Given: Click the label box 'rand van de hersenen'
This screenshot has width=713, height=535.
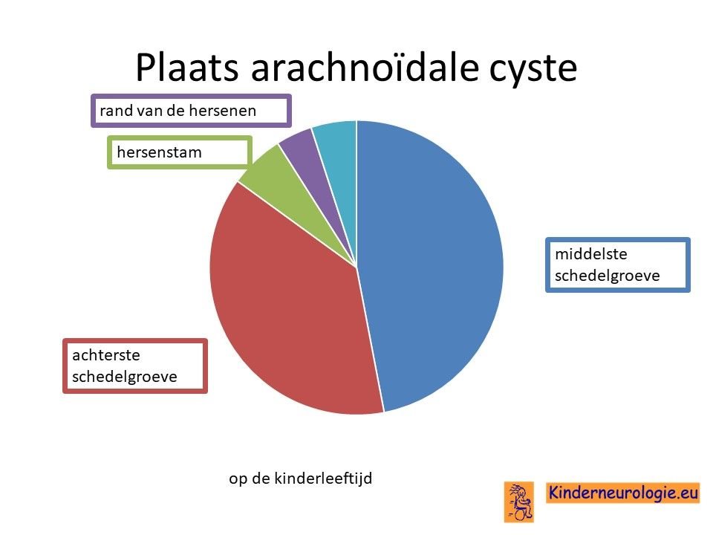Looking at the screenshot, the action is pyautogui.click(x=191, y=111).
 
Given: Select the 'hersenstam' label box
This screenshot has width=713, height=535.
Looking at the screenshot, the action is pyautogui.click(x=180, y=152).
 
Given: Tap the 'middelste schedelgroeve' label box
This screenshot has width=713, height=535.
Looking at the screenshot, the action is pyautogui.click(x=617, y=265).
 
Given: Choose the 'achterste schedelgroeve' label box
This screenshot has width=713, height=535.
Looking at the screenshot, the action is pyautogui.click(x=135, y=366).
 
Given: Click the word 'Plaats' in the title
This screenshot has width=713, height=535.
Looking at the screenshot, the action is pyautogui.click(x=187, y=68).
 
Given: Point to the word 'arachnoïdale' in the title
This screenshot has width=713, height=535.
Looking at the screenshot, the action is pyautogui.click(x=365, y=68).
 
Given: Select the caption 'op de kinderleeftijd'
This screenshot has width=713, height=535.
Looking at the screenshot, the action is pyautogui.click(x=301, y=479).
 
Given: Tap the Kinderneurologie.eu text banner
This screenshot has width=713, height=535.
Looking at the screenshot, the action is pyautogui.click(x=623, y=493).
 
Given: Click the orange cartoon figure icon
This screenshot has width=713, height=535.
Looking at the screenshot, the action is pyautogui.click(x=519, y=502).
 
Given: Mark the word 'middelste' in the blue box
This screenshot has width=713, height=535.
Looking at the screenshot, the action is pyautogui.click(x=590, y=254).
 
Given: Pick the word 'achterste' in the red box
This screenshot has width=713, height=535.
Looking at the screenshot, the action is pyautogui.click(x=106, y=355).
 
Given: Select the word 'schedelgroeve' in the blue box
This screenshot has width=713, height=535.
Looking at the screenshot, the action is pyautogui.click(x=607, y=276).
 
